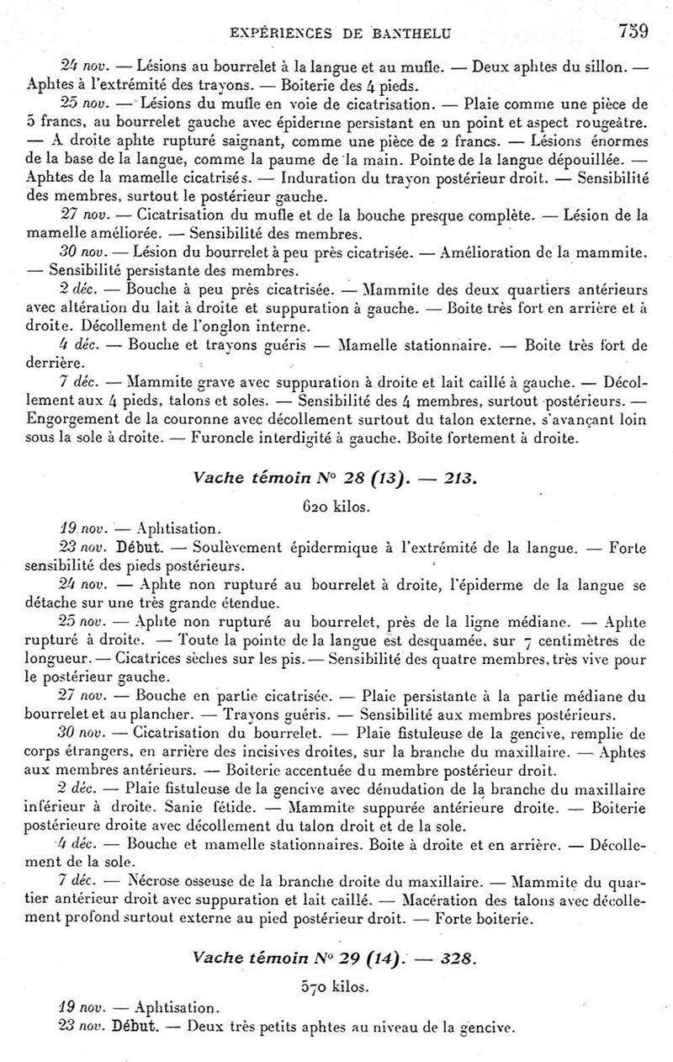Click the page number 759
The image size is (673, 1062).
pyautogui.click(x=633, y=32)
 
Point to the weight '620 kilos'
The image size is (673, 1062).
pyautogui.click(x=335, y=508)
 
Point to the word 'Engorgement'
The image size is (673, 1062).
pyautogui.click(x=74, y=418)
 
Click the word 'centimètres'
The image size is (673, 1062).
pyautogui.click(x=564, y=640)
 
